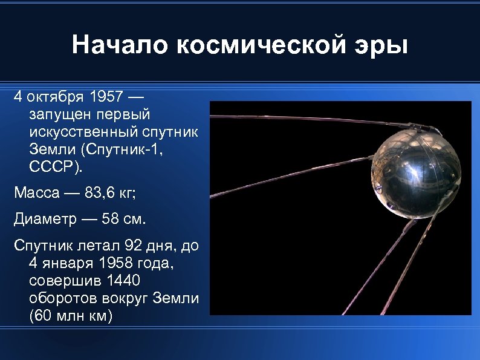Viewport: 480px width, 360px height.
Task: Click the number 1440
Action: coord(123,281)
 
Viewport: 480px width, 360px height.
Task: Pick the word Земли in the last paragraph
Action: coord(178,298)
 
